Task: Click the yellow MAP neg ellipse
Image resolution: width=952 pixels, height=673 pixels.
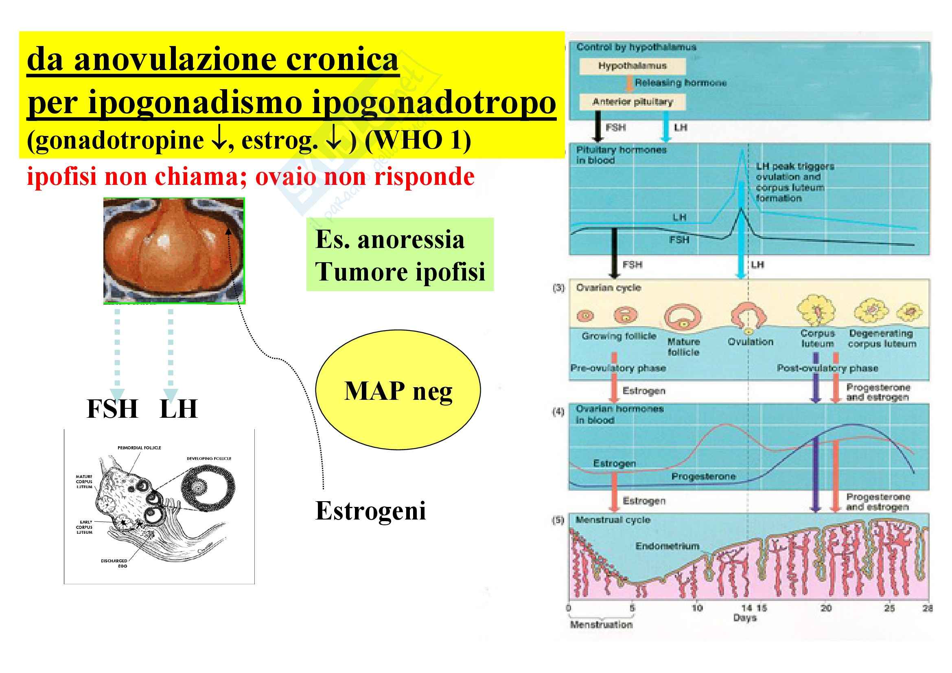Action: tap(398, 390)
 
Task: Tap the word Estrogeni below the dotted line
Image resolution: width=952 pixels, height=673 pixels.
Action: tap(370, 511)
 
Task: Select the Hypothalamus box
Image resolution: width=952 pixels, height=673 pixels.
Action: tap(632, 66)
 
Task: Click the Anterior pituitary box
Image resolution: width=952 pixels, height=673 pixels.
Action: tap(632, 102)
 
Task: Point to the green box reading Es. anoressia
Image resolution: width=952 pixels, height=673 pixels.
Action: tap(400, 254)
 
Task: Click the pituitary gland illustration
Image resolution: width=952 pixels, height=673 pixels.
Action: tap(174, 250)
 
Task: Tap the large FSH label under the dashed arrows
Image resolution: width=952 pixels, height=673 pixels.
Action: tap(112, 409)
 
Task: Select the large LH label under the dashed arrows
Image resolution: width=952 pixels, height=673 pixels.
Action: tap(179, 409)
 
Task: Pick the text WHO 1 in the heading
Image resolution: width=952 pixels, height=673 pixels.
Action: tap(418, 140)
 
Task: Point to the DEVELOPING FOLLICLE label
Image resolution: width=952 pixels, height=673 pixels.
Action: tap(209, 458)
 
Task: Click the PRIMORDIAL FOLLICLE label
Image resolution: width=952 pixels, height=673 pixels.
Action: tap(139, 448)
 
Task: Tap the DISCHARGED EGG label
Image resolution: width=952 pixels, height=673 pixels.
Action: tap(114, 563)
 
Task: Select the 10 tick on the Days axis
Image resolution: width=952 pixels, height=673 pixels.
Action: tap(697, 608)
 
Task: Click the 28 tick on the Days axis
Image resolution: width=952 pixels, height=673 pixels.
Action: tap(928, 608)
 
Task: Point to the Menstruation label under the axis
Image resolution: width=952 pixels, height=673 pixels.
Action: tap(601, 625)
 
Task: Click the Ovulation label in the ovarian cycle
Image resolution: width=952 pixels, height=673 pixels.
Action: tap(751, 342)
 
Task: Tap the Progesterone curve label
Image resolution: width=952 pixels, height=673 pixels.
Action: tap(704, 476)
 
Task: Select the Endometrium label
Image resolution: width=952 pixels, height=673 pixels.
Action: tap(667, 546)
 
